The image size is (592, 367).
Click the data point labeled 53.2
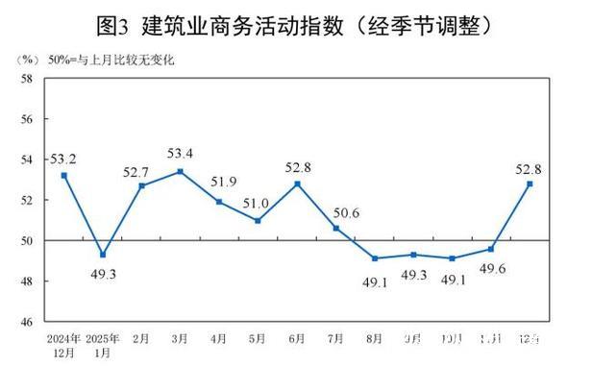click(63, 175)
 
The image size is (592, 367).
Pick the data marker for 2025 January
click(103, 255)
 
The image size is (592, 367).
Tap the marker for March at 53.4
click(181, 171)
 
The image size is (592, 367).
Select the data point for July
click(336, 228)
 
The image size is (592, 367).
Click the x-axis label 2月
click(142, 339)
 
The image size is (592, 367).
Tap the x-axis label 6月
click(298, 339)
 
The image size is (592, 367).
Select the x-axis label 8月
click(376, 339)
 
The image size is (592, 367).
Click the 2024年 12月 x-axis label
click(63, 345)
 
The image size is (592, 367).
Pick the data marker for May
click(259, 220)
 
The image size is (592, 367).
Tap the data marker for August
click(375, 258)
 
